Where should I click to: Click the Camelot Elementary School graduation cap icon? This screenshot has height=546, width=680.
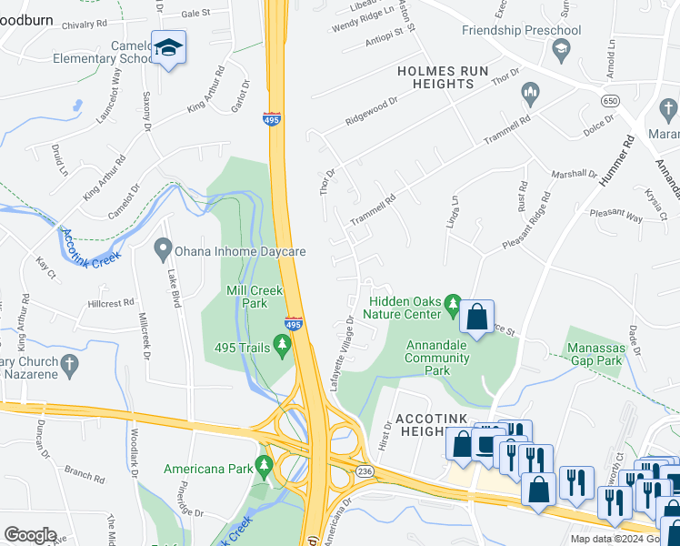point(168,47)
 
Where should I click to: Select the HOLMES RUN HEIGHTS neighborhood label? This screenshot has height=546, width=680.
point(435,77)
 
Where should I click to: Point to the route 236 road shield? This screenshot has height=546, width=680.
point(363,470)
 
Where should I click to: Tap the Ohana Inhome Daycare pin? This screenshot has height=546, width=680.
point(163,248)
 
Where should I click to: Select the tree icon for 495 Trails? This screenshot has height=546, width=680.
point(283,344)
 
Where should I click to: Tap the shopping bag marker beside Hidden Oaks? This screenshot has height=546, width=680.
point(476,318)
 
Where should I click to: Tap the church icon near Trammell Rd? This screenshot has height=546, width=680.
point(529,93)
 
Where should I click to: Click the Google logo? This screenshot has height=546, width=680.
point(30,535)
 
